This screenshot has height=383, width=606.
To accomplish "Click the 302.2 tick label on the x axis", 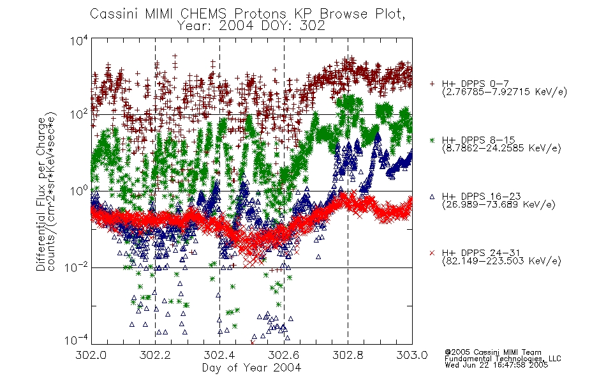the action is coord(155,355).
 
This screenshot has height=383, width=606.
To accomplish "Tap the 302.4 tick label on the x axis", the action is coord(219,355).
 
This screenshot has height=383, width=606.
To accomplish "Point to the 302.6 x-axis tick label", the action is coord(284,355).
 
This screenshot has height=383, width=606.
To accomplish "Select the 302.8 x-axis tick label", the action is coord(348,355).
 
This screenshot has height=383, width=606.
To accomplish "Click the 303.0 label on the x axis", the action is coord(412,355).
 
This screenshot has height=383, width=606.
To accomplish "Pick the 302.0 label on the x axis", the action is coord(91,355).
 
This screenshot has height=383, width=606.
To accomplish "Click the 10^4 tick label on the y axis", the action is coord(79,41).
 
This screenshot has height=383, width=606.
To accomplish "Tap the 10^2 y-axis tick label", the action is coord(79,114).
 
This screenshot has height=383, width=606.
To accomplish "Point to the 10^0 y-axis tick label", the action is coord(79,191).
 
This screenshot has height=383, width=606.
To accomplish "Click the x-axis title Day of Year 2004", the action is coord(251,368).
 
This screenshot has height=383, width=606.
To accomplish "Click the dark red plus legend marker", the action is coord(432,84).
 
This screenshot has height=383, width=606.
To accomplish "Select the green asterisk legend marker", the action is coord(432,140).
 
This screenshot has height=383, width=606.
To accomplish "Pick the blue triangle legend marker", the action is coord(432,197).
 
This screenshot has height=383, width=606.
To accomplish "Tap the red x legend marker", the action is coord(432,253).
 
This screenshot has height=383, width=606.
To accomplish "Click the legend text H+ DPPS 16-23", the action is coord(481,197).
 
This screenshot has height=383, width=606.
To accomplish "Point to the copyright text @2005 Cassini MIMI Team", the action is coord(493,352).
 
